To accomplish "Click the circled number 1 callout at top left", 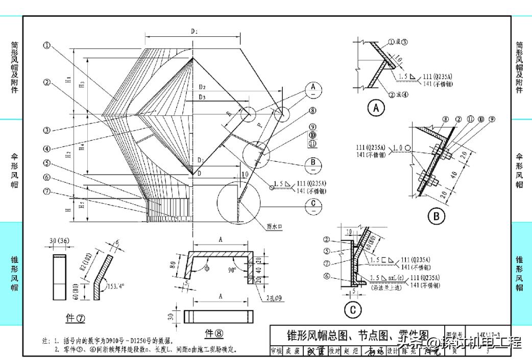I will click(x=47, y=45).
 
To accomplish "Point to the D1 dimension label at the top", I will click(x=195, y=32).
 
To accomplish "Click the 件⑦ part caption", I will click(x=76, y=318).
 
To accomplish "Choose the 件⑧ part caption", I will click(x=214, y=333).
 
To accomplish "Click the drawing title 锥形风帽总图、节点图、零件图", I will click(x=357, y=335).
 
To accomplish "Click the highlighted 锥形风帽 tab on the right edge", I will click(x=520, y=273).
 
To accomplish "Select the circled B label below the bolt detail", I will click(x=436, y=217).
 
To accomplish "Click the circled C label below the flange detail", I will click(x=353, y=309).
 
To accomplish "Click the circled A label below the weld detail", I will click(x=376, y=108).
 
